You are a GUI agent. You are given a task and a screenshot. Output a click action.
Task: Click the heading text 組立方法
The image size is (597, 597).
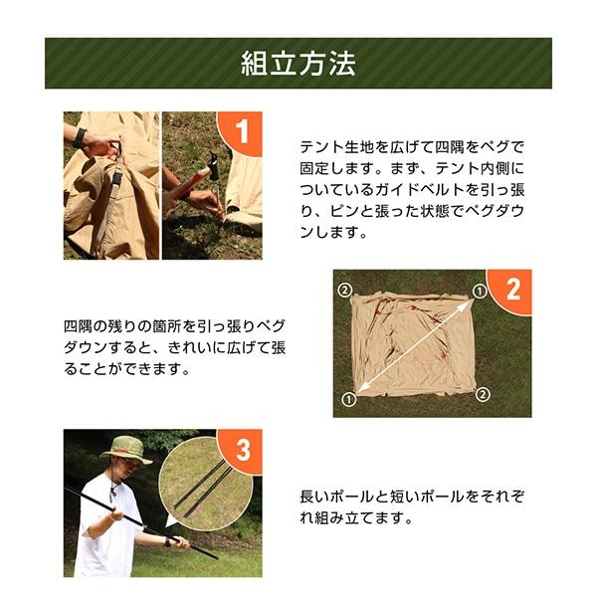pos(298,64)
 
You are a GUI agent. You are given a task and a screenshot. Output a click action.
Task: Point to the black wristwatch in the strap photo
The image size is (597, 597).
pos(80,138)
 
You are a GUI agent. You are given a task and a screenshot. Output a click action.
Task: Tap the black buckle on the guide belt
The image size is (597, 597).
pos(117,179)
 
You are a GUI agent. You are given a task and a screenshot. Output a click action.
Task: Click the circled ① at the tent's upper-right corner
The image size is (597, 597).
pos(480,292)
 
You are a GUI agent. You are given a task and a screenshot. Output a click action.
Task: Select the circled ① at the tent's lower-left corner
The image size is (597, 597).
pos(349,399)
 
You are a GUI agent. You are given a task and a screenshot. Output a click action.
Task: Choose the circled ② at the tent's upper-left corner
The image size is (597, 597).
pos(345,291)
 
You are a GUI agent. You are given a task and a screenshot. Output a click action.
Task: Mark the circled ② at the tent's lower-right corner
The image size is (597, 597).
pos(483,394)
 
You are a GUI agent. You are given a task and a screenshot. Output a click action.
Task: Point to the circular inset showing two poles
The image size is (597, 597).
pos(206,484)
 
